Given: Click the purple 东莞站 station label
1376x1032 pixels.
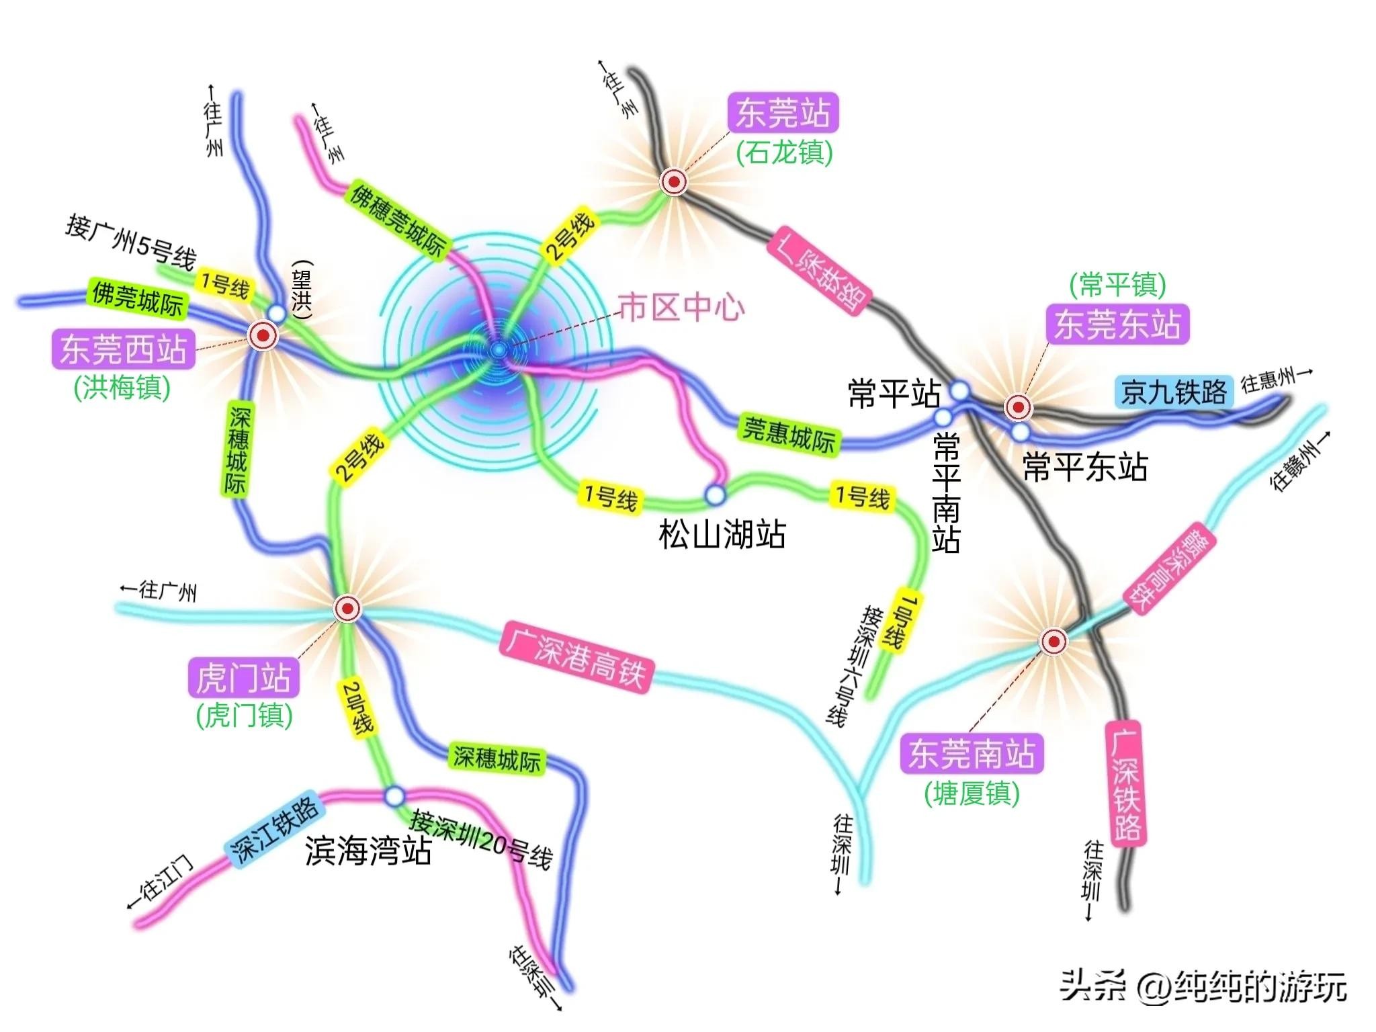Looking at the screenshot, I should (783, 113).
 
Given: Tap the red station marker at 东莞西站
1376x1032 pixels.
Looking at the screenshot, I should (263, 335).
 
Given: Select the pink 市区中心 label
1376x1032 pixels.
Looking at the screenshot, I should (681, 308).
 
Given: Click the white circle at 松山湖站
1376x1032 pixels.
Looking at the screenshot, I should (716, 495).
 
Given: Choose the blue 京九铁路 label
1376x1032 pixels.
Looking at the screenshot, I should (1174, 392).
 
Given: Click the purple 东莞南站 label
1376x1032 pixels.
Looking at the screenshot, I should (972, 754).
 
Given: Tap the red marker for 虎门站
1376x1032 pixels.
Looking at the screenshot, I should (347, 609).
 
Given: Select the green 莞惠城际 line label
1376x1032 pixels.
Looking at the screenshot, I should (789, 435).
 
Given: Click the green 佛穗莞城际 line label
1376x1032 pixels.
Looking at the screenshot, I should (398, 221).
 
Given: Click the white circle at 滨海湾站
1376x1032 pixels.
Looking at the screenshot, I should (395, 797).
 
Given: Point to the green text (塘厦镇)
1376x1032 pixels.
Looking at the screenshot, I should (972, 793).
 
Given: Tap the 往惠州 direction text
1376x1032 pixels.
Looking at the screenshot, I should (1275, 380).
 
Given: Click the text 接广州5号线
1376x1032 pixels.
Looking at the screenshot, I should (130, 242).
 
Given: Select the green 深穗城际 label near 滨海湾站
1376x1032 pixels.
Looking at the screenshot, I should (497, 759).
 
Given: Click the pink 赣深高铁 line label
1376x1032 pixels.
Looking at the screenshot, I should (1169, 568).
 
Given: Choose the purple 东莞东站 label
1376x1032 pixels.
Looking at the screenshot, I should (1117, 325).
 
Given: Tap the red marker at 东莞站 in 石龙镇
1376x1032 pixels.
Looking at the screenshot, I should (673, 181).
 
